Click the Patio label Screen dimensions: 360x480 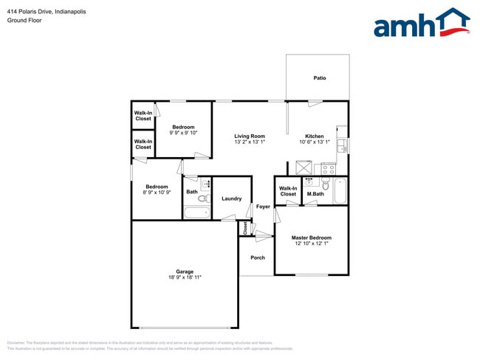pyautogui.click(x=319, y=77)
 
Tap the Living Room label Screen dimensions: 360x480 pyautogui.click(x=250, y=136)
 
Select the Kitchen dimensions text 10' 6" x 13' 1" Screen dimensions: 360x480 pyautogui.click(x=315, y=142)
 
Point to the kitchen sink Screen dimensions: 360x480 pyautogui.click(x=342, y=145)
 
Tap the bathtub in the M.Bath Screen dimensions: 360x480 pyautogui.click(x=340, y=191)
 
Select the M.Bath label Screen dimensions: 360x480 pyautogui.click(x=315, y=194)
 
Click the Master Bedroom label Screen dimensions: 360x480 pyautogui.click(x=311, y=238)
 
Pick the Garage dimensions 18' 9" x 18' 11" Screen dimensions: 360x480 pyautogui.click(x=185, y=277)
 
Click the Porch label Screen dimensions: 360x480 pyautogui.click(x=257, y=257)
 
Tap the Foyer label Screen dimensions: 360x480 pyautogui.click(x=263, y=207)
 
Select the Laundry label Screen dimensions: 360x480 pyautogui.click(x=231, y=198)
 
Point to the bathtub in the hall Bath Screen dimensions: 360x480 pyautogui.click(x=196, y=213)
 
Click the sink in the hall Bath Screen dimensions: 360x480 pyautogui.click(x=206, y=183)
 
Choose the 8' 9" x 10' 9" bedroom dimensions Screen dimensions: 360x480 pyautogui.click(x=157, y=193)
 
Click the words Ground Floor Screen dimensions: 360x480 pyautogui.click(x=24, y=21)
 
